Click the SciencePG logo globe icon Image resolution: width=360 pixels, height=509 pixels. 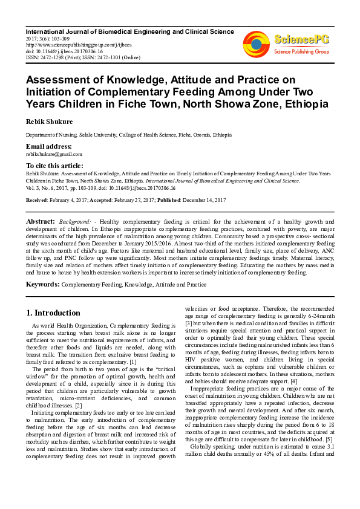256,42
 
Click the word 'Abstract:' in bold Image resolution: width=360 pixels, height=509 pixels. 41,222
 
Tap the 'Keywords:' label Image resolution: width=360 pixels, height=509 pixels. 42,284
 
